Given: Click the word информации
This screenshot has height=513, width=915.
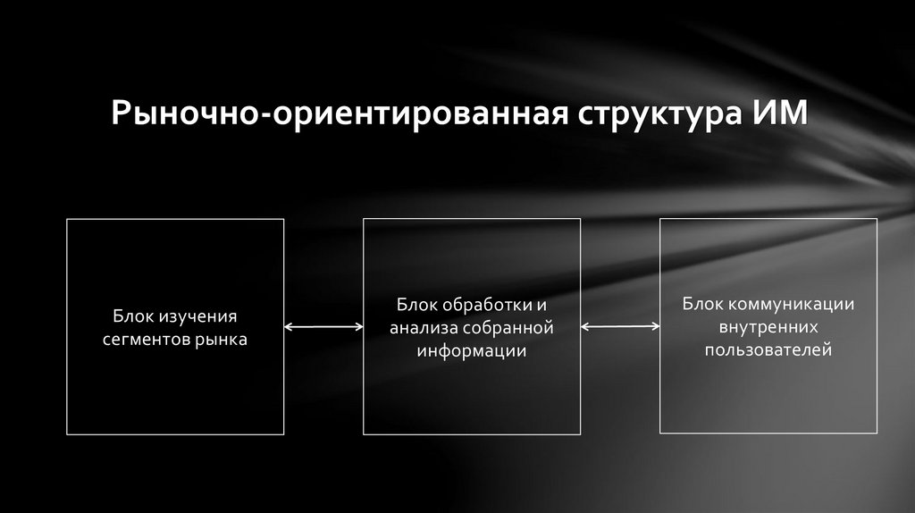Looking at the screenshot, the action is pos(471,351).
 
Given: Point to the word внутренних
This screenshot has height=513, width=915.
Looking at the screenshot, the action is pos(769,327).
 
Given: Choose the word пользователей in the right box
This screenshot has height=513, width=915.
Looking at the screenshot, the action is pos(769,350).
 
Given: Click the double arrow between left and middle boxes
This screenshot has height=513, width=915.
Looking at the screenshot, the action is pos(323,328).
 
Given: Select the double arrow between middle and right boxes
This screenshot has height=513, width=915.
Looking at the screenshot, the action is pos(620,328).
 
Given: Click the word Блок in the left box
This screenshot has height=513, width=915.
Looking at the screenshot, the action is pos(133,317).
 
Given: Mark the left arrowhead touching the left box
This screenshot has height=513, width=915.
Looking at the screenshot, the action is pos(289,328).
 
